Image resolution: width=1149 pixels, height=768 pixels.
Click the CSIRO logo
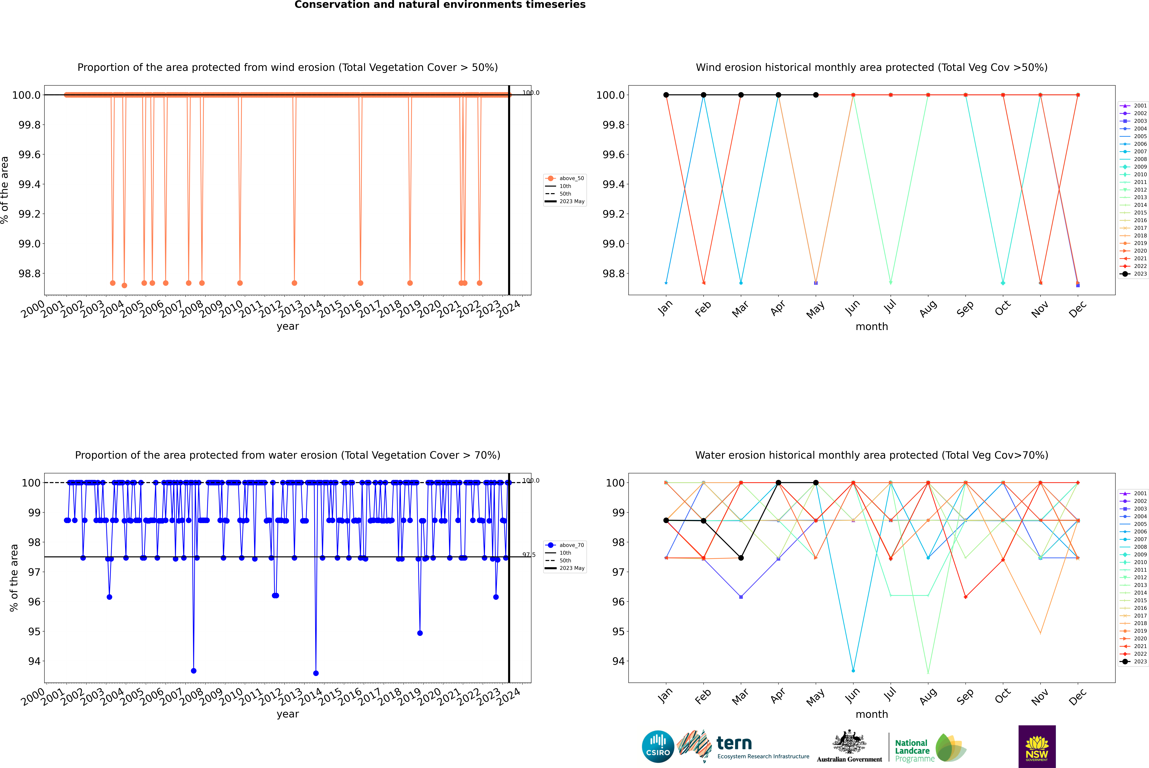[x=658, y=746]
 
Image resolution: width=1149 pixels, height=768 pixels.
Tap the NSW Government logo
[x=1037, y=746]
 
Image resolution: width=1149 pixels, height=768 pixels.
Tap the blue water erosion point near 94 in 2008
[x=194, y=671]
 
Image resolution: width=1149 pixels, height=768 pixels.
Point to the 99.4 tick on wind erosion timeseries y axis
[x=29, y=184]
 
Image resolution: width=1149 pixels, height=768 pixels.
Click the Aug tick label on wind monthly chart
[x=928, y=309]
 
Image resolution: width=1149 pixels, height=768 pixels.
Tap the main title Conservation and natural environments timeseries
[x=440, y=5]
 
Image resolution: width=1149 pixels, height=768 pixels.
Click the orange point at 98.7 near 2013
[x=294, y=283]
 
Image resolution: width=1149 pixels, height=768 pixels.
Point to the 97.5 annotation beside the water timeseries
[x=529, y=555]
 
